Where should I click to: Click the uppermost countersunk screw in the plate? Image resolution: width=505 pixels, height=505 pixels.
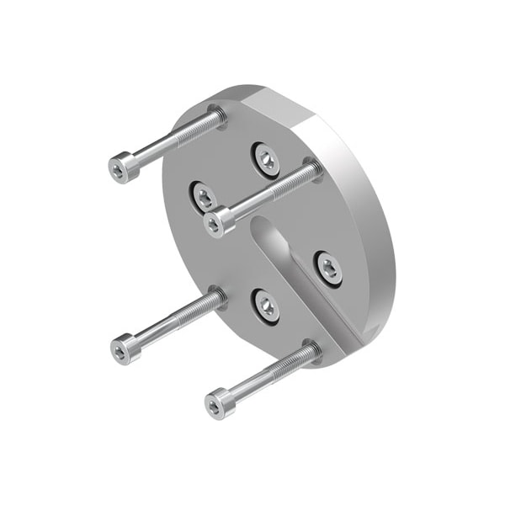point(266,159)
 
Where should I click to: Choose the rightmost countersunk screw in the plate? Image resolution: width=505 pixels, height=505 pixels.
point(329,267)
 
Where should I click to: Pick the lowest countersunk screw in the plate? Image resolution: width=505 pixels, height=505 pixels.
point(266,305)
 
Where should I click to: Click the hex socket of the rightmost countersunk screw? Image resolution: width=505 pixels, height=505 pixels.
point(329,267)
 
